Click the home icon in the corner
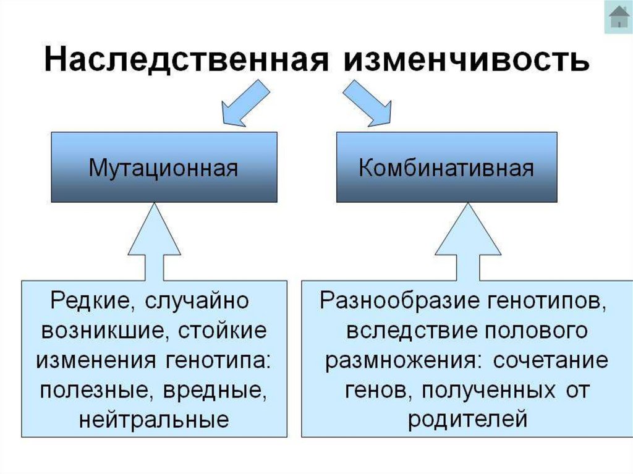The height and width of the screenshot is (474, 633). coord(618,17)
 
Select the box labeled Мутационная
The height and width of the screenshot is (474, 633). coord(164,167)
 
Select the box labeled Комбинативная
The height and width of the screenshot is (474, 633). coord(446,167)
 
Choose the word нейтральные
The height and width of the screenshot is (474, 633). coord(154,420)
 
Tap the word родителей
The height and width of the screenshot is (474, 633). coord(467,420)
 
